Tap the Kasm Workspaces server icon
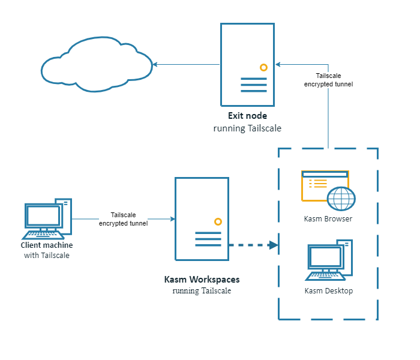point(202,219)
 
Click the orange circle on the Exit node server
point(263,67)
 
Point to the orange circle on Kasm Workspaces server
point(218,221)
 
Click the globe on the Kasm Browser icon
point(341,199)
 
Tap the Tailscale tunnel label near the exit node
point(328,80)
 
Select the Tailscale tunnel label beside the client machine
point(123,219)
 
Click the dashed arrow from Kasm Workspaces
point(252,245)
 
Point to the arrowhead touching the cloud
point(155,64)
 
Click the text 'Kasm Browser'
point(328,219)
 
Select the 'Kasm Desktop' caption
point(328,291)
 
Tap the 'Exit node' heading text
point(247,116)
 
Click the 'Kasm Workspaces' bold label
point(202,280)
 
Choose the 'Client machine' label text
point(47,245)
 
